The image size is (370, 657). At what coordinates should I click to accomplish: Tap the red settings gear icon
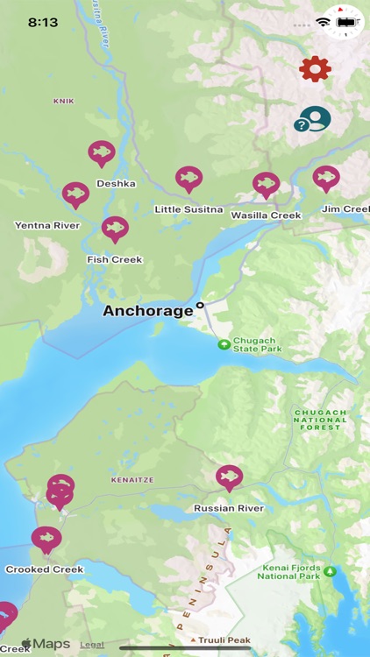pos(315,68)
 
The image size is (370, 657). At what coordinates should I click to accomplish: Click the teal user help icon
pos(313,119)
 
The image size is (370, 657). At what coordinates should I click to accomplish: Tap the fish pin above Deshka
pos(102,152)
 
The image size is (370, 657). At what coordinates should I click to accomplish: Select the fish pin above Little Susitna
pos(189,178)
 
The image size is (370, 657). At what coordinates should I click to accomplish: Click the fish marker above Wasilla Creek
pos(266,184)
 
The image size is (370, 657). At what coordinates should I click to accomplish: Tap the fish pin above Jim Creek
pos(326,178)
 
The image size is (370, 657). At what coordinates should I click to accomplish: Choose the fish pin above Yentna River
pos(76,194)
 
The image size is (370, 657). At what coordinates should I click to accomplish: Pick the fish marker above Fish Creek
pos(115,228)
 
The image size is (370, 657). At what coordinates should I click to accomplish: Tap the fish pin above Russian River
pos(229,477)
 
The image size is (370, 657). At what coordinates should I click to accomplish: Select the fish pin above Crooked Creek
pos(46,538)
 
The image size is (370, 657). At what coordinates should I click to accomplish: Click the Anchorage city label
pos(147,311)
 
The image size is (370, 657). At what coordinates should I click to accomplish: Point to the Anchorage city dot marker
pos(200,306)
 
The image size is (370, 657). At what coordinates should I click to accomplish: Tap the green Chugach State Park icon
pos(224,344)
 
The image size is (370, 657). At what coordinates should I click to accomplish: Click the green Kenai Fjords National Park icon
pos(331,571)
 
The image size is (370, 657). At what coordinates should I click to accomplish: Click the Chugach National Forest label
pos(321,420)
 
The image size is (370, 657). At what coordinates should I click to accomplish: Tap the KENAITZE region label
pos(132,480)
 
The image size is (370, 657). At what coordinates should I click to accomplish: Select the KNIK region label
pos(64,101)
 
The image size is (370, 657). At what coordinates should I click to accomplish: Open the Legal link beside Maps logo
pos(92,645)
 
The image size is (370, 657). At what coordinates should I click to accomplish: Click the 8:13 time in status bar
pos(43,22)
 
